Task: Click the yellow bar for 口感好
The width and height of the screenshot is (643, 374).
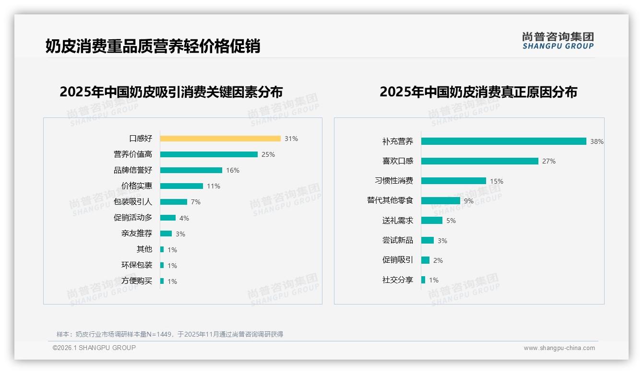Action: [220, 139]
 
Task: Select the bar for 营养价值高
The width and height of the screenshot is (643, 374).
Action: [209, 154]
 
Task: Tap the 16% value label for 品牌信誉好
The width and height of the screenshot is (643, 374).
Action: [233, 170]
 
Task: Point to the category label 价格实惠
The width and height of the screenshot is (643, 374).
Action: [137, 186]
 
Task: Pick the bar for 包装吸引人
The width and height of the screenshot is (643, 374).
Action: [174, 202]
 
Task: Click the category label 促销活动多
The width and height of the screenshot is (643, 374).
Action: [133, 218]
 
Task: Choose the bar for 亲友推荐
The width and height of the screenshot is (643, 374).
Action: [166, 234]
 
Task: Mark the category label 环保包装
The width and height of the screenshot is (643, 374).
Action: [137, 265]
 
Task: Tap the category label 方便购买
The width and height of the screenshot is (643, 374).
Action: [137, 281]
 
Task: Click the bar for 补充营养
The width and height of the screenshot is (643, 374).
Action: [504, 141]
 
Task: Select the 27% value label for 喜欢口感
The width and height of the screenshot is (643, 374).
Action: [549, 162]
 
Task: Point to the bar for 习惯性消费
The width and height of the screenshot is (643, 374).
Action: [453, 181]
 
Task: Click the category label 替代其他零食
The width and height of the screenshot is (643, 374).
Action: [390, 200]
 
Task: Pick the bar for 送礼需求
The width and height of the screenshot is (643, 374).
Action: [432, 221]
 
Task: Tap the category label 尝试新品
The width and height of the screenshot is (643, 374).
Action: [398, 240]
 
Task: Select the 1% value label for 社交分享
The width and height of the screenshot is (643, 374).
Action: [434, 280]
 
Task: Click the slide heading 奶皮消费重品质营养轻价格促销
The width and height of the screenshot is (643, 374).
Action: [153, 46]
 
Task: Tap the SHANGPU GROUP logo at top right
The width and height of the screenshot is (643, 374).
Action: [558, 41]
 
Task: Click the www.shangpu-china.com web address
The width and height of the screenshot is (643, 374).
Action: [559, 348]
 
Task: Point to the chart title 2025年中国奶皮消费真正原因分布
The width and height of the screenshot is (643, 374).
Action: [478, 92]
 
